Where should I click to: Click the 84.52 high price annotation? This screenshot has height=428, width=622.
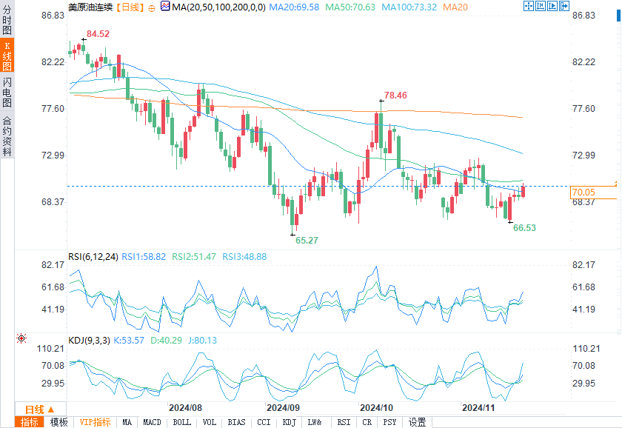pyautogui.click(x=98, y=34)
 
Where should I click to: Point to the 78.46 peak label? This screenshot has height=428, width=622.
pyautogui.click(x=395, y=96)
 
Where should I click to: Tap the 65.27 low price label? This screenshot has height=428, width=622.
pyautogui.click(x=307, y=241)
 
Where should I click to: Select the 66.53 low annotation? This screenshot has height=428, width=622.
pyautogui.click(x=524, y=228)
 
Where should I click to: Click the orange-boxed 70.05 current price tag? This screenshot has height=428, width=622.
pyautogui.click(x=583, y=193)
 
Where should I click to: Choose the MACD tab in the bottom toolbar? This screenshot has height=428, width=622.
pyautogui.click(x=152, y=422)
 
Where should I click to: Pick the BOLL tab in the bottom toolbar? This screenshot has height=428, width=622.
pyautogui.click(x=181, y=422)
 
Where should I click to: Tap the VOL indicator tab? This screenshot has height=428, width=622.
pyautogui.click(x=210, y=422)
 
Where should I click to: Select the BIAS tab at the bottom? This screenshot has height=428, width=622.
pyautogui.click(x=236, y=422)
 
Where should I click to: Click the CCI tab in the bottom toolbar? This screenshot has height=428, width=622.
pyautogui.click(x=264, y=422)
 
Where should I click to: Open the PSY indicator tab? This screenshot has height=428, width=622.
pyautogui.click(x=389, y=422)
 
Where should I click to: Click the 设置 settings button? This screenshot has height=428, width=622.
pyautogui.click(x=418, y=422)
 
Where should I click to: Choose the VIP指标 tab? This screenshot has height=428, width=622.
pyautogui.click(x=96, y=422)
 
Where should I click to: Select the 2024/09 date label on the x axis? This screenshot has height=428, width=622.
pyautogui.click(x=283, y=407)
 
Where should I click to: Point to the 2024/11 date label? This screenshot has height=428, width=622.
pyautogui.click(x=478, y=407)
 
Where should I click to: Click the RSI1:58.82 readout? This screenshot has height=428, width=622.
pyautogui.click(x=144, y=257)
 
